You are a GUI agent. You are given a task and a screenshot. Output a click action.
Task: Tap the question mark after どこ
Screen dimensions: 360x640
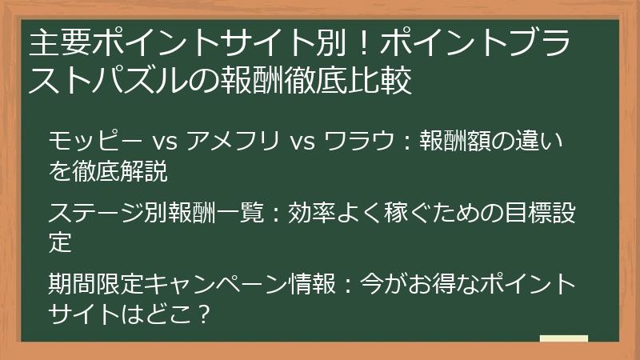pos(202,313)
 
